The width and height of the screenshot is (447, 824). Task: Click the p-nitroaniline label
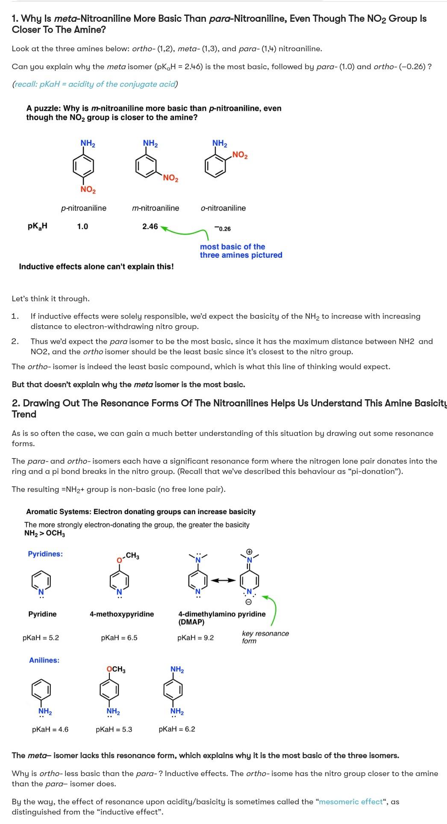(84, 208)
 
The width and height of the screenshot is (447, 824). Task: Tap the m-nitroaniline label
(156, 208)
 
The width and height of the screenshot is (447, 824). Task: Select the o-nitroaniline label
(223, 208)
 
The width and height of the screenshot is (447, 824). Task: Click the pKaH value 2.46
(150, 227)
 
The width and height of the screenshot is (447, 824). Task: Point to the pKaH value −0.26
(223, 229)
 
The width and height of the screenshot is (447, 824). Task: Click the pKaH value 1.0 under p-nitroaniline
(82, 227)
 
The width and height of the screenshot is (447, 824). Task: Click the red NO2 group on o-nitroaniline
(240, 155)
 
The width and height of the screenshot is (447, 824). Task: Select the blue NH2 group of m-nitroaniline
(150, 143)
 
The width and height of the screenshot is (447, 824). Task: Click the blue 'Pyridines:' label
(45, 554)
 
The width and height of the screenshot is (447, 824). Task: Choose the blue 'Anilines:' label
(44, 660)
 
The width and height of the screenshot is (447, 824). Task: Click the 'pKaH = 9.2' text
(195, 638)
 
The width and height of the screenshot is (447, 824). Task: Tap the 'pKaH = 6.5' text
(119, 638)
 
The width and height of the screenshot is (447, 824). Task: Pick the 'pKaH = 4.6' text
(50, 730)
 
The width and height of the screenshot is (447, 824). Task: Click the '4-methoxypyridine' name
(122, 614)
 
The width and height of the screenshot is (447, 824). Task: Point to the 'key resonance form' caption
(265, 637)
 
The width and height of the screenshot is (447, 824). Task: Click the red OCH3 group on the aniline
(116, 669)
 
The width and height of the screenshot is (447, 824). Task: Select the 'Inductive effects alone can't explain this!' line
(97, 267)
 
